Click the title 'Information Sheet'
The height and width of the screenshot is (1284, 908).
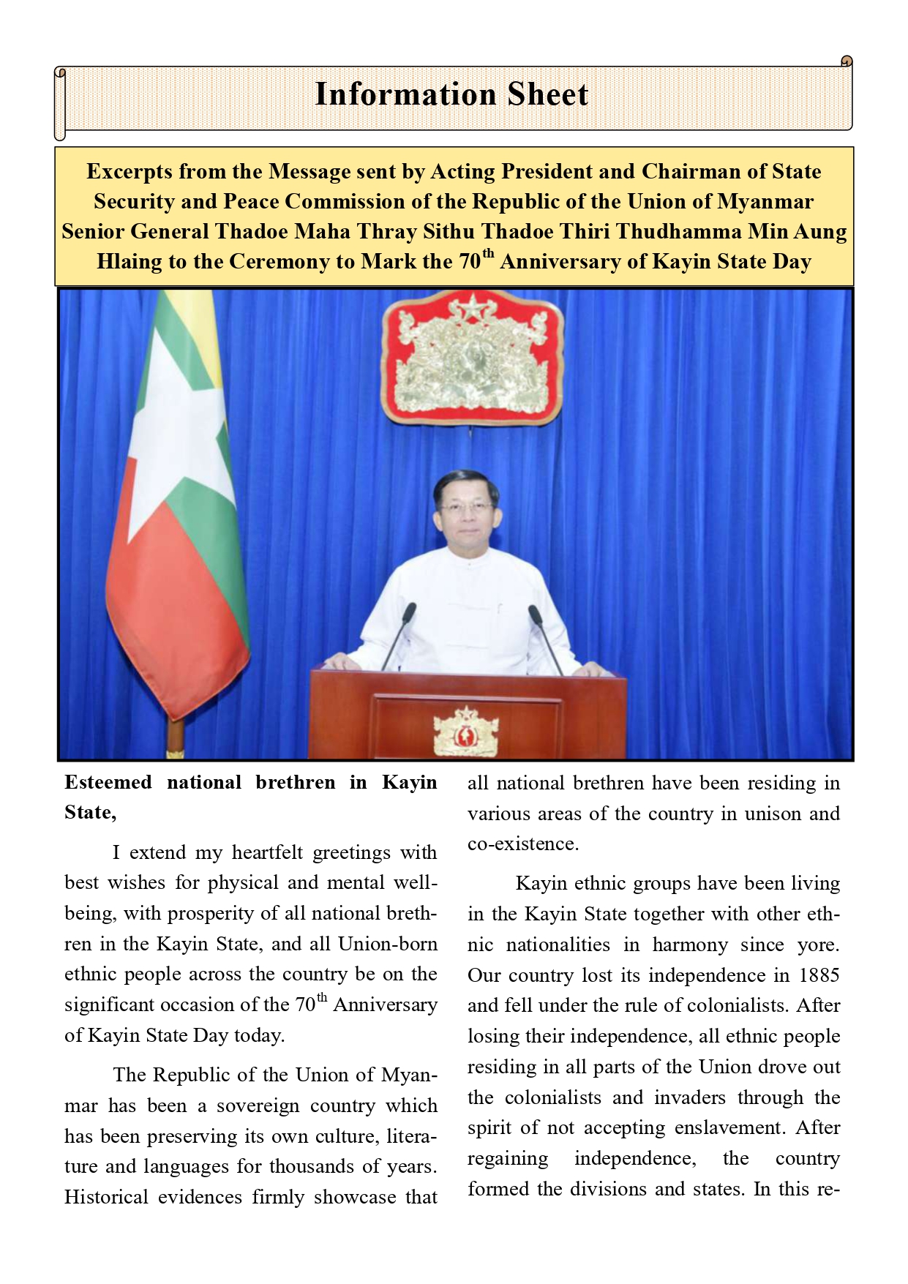click(x=451, y=95)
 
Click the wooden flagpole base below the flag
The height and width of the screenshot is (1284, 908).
click(x=175, y=739)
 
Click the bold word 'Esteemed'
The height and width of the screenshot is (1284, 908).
click(x=108, y=783)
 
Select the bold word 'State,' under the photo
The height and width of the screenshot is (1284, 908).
click(x=90, y=813)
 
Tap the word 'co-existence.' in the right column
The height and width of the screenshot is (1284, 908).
click(x=523, y=844)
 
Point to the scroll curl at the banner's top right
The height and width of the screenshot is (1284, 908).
click(x=847, y=61)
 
